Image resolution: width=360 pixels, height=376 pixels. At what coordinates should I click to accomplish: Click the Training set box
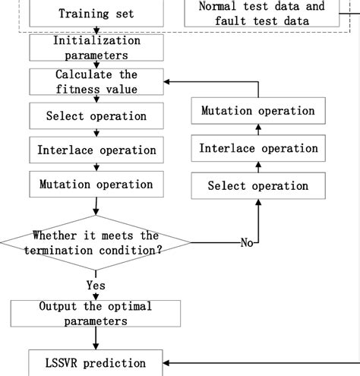(x=96, y=13)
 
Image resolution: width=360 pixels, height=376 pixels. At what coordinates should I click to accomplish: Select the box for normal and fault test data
(x=261, y=14)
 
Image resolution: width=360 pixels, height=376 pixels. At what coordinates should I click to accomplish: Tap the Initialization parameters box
(x=96, y=48)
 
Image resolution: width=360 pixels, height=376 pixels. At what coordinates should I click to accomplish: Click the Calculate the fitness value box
(x=96, y=82)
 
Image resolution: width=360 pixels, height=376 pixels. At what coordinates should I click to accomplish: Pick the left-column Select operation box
(x=96, y=116)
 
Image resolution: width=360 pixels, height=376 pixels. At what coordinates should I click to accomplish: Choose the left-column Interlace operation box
(x=96, y=150)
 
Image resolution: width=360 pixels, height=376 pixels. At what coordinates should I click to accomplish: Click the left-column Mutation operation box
(x=96, y=185)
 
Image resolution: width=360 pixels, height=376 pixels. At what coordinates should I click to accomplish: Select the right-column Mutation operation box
(x=257, y=111)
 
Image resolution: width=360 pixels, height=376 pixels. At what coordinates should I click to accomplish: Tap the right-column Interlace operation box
(x=257, y=148)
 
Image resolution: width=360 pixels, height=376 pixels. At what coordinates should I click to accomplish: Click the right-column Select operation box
(x=257, y=186)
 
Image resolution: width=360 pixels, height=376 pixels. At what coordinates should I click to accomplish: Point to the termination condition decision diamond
(x=96, y=242)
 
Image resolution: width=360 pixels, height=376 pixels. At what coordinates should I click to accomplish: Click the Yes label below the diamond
(x=96, y=285)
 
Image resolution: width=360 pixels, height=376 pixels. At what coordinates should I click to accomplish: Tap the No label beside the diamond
(x=247, y=243)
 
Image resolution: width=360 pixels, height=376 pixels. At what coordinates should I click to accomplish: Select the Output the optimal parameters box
(x=96, y=314)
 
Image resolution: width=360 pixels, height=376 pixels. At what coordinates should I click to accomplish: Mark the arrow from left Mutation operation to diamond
(x=96, y=207)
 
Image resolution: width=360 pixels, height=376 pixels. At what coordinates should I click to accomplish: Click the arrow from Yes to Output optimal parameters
(x=96, y=296)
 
